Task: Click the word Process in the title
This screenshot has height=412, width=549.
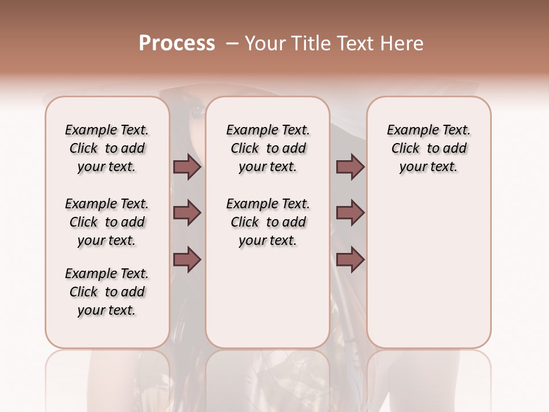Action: coord(177,43)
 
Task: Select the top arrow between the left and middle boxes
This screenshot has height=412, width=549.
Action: coord(188,167)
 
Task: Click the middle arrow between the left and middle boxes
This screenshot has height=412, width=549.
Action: coord(188,213)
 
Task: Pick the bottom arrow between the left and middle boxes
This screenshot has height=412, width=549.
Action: coord(188,260)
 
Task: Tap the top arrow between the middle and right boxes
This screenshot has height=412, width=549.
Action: coord(350,167)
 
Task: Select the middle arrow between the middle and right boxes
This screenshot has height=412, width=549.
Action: coord(350,213)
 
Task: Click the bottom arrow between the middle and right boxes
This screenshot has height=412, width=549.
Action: coord(350,260)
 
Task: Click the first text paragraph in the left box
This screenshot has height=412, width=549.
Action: coord(107,148)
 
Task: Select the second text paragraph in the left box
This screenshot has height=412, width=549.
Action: coord(107,222)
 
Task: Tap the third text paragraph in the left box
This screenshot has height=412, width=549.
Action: coord(107,292)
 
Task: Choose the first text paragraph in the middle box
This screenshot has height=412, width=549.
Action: coord(268,148)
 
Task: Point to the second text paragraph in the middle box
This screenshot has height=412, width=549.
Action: coord(268,222)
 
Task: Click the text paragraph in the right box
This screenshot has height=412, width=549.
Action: coord(429,148)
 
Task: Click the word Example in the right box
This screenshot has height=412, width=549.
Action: coord(408,130)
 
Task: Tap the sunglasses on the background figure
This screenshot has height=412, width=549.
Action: coord(197,109)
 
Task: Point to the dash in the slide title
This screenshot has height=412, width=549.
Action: coord(232,43)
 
